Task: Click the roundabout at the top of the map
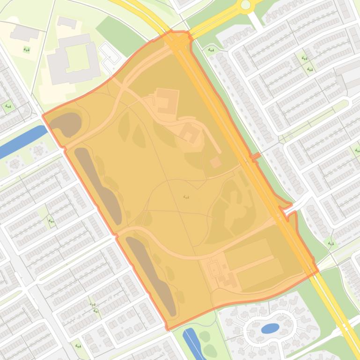[245, 5]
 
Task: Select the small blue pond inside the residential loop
[270, 328]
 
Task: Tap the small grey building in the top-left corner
[24, 33]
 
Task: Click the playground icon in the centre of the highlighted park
[186, 197]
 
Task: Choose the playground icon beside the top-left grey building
[26, 50]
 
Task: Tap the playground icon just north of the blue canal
[8, 107]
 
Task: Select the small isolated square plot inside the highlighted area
[215, 162]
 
